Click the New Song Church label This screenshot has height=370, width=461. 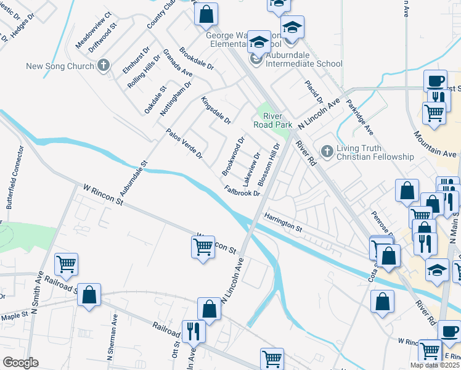click(x=59, y=65)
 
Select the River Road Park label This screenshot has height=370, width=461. click(x=272, y=120)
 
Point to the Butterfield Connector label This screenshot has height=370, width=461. click(x=15, y=178)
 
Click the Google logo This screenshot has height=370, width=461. click(x=20, y=363)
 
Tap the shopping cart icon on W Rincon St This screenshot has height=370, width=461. click(x=203, y=247)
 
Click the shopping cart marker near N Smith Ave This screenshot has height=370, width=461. click(x=66, y=264)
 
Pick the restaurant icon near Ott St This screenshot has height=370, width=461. click(x=194, y=331)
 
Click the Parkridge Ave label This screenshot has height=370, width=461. click(x=359, y=117)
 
